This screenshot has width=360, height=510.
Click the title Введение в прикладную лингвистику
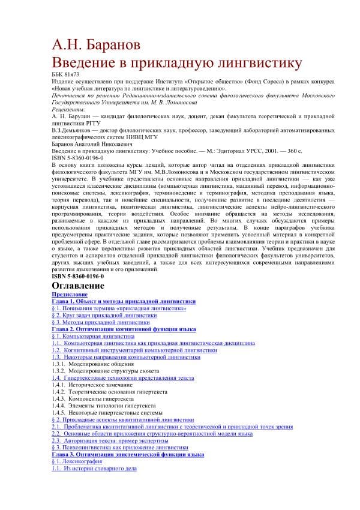click(177, 63)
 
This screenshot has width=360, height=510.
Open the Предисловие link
click(70, 295)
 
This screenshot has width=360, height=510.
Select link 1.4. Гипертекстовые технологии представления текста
click(123, 378)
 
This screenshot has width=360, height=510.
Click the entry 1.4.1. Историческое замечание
click(92, 385)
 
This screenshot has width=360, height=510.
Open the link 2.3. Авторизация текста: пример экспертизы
click(112, 440)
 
